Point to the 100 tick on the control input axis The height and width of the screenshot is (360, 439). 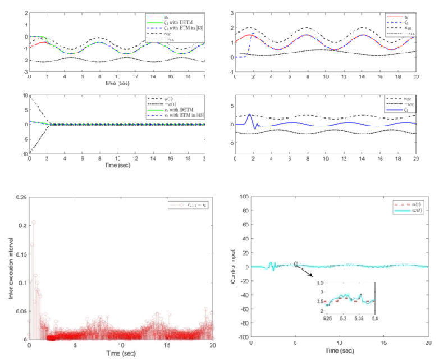(244, 197)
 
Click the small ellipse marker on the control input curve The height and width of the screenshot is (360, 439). (296, 265)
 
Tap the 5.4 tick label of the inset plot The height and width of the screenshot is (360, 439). (374, 318)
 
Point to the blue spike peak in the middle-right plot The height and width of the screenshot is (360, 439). (249, 114)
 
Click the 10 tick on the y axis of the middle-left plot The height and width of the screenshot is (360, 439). (25, 96)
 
